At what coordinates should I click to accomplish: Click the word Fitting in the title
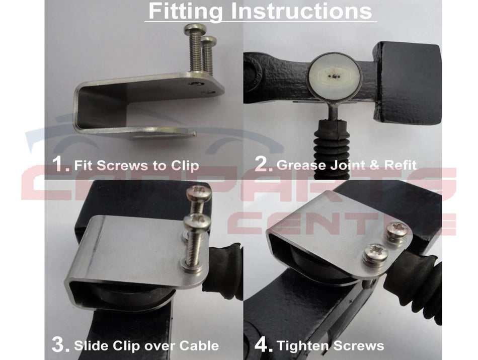[x=186, y=11]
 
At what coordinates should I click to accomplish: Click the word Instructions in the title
[x=301, y=11]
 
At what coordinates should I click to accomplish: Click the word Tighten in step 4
[x=303, y=346]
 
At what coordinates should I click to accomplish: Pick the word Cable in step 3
[x=199, y=346]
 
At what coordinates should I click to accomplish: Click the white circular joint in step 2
[x=335, y=76]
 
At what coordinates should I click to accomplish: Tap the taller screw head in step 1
[x=195, y=29]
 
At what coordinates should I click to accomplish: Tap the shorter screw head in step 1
[x=209, y=40]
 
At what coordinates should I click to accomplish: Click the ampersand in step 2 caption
[x=374, y=165]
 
